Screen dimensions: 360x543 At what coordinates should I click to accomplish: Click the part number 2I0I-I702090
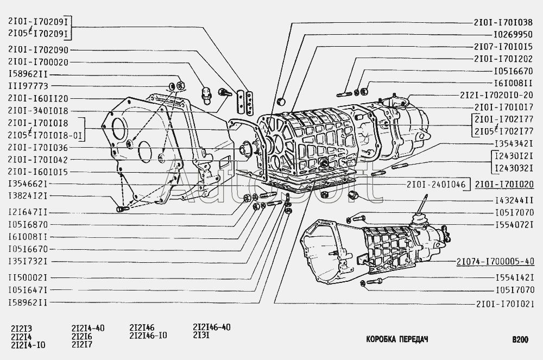38,48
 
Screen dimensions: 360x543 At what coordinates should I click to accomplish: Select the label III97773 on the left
28,86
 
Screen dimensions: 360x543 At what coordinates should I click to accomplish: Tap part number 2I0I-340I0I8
38,110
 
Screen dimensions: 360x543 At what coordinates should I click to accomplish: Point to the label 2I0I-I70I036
38,147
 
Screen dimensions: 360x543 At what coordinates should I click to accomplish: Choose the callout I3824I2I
28,196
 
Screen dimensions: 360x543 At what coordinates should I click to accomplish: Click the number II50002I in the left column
28,277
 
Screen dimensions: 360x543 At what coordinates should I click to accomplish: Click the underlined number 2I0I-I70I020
504,184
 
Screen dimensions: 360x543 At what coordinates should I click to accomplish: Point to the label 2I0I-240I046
436,184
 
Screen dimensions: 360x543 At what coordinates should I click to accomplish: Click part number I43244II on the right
514,200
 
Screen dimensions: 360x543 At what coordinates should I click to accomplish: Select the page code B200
520,340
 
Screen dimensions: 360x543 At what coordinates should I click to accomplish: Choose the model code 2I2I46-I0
148,335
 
